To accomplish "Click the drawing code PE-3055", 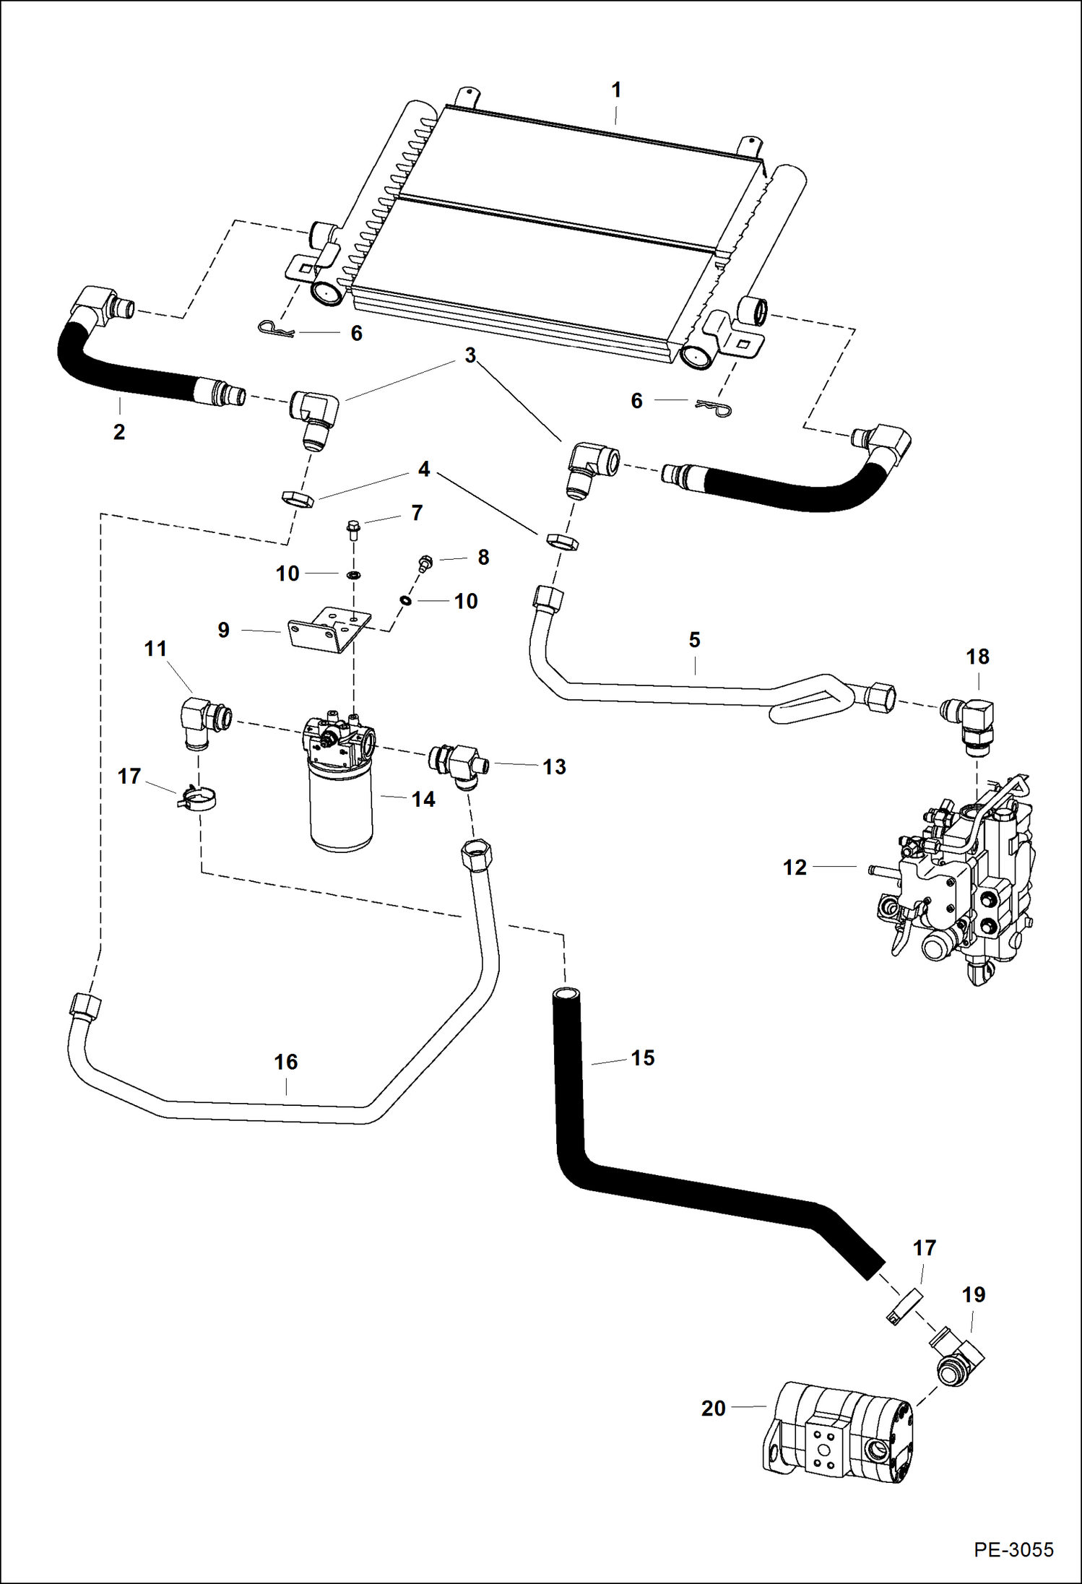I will click(x=1013, y=1549).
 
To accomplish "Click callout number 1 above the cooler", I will click(x=615, y=90).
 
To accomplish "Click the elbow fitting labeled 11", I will click(x=203, y=719).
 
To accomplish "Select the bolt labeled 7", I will click(x=353, y=529).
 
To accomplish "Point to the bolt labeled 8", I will click(x=425, y=563).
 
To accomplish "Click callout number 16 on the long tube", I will click(x=285, y=1062).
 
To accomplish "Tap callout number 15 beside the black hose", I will click(x=642, y=1057).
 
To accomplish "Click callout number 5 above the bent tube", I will click(x=694, y=639).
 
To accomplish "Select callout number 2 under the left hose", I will click(x=119, y=432).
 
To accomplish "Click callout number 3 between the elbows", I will click(x=470, y=355).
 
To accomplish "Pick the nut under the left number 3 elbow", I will click(x=296, y=498).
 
